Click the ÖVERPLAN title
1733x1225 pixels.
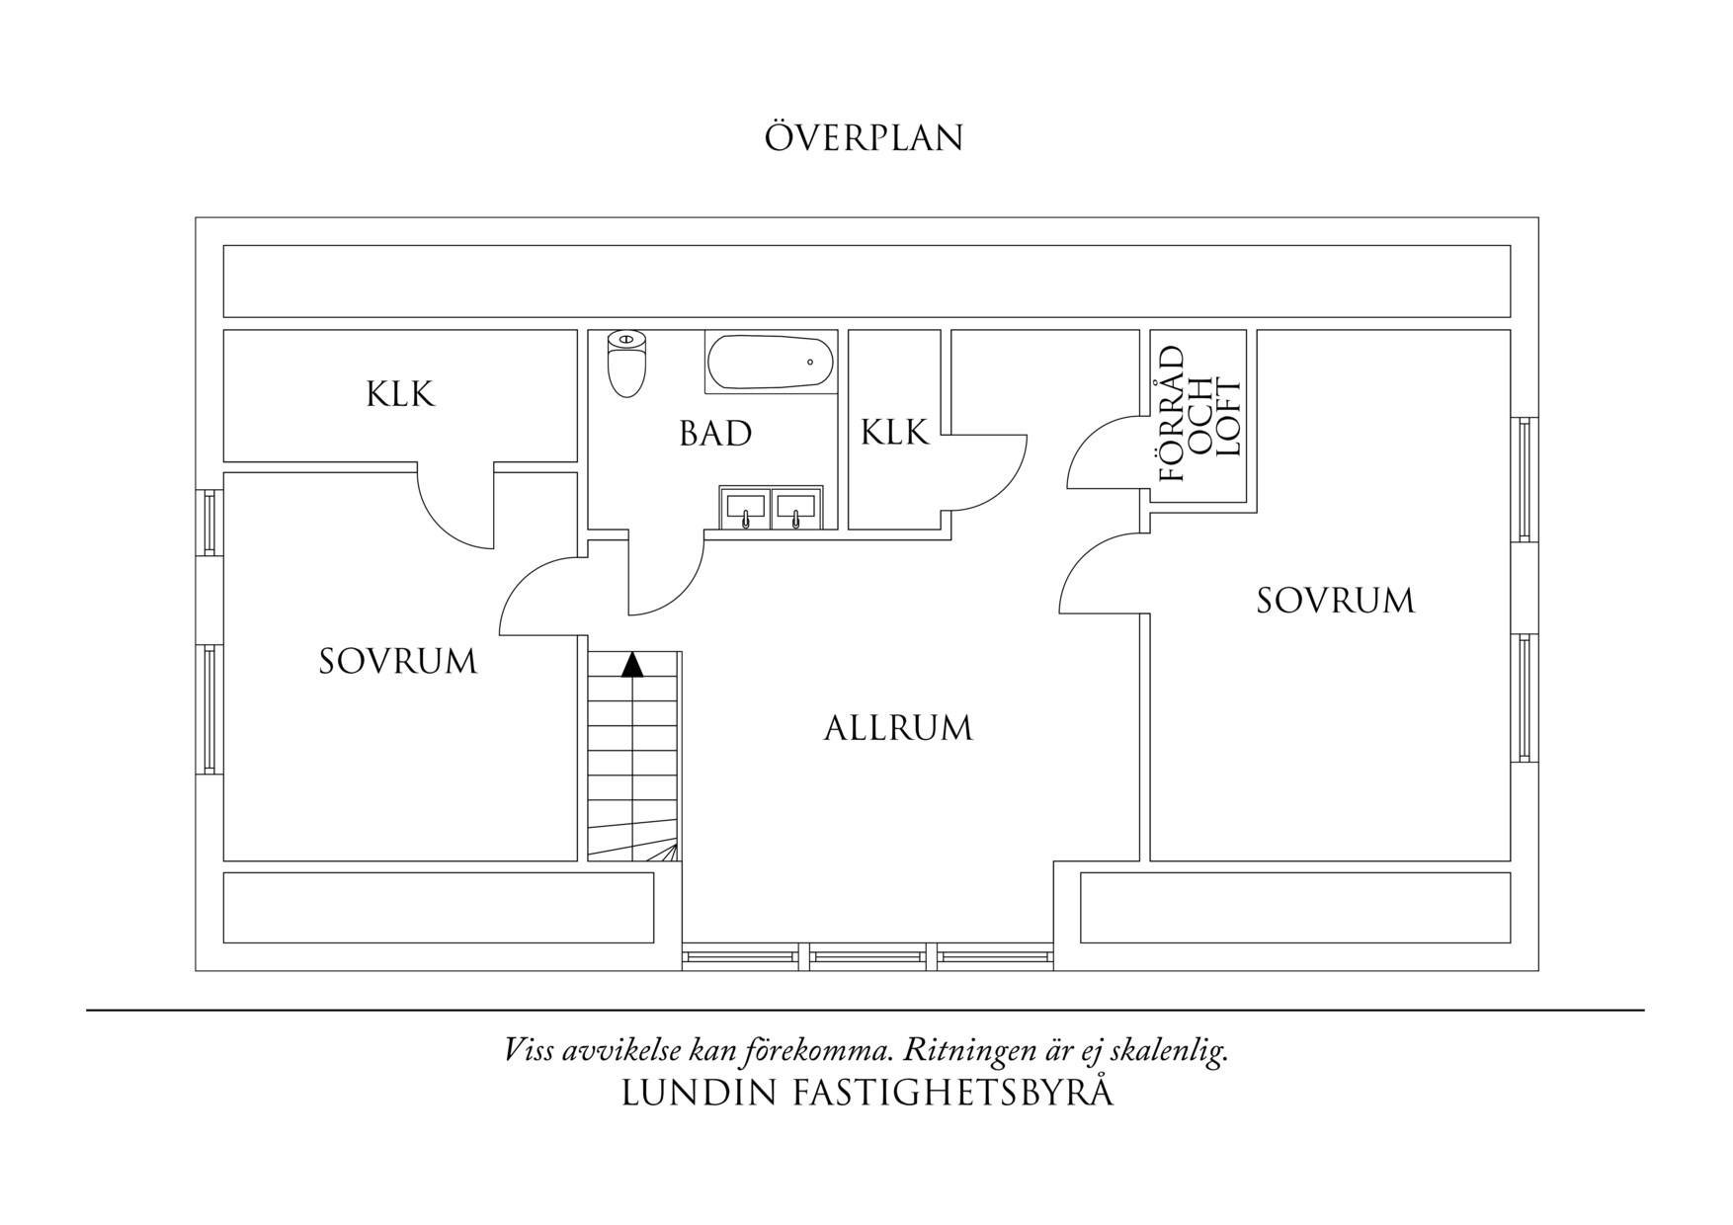point(864,137)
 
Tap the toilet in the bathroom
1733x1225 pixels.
point(626,363)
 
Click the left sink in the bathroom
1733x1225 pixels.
point(745,508)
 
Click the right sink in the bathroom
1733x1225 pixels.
point(795,508)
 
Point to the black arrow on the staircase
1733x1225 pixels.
point(632,664)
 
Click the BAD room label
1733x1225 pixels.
point(715,434)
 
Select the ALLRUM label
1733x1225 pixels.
point(898,728)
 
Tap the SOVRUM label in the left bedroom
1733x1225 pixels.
point(398,661)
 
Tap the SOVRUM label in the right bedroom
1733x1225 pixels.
point(1335,601)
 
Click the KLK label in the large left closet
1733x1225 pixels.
point(400,394)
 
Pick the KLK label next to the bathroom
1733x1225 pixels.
point(894,432)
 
